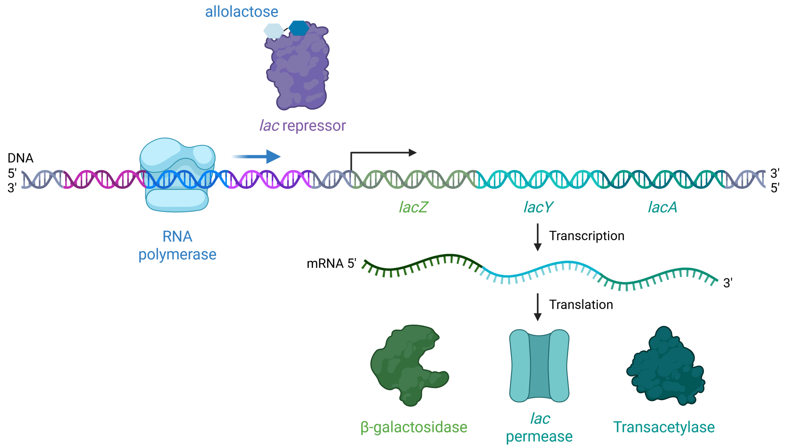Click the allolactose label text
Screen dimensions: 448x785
[241, 12]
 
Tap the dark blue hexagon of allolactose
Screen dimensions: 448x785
[299, 28]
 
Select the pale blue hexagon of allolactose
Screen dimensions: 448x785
[273, 31]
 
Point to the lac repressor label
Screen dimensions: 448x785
[303, 126]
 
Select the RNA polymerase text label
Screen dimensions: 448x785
[177, 245]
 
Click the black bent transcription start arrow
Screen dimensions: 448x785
[382, 153]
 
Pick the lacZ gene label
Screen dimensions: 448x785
[413, 207]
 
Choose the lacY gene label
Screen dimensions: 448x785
[538, 207]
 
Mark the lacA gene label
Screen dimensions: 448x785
[662, 207]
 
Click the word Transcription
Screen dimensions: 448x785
[586, 236]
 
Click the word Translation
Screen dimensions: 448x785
[581, 305]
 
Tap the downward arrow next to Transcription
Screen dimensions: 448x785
[538, 237]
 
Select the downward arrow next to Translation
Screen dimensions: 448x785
[538, 307]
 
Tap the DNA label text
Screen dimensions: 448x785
[20, 158]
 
